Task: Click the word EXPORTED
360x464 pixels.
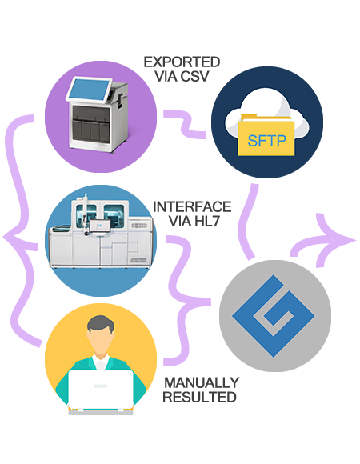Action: tap(182, 62)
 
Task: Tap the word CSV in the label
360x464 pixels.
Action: tap(194, 76)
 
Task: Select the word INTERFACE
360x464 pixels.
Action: tap(192, 207)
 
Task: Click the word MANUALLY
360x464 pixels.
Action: tap(202, 382)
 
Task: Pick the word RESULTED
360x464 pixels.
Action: tap(200, 397)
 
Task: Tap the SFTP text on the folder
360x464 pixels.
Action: tap(267, 141)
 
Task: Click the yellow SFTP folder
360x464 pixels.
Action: tap(266, 135)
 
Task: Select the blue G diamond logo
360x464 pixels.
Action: tap(274, 316)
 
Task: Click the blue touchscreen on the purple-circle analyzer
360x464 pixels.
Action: tap(89, 90)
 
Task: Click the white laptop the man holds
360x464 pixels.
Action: tap(101, 390)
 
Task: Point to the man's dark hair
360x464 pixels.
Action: tap(101, 324)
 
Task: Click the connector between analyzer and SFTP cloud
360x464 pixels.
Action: tap(185, 124)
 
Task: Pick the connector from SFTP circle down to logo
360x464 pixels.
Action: tap(248, 222)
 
